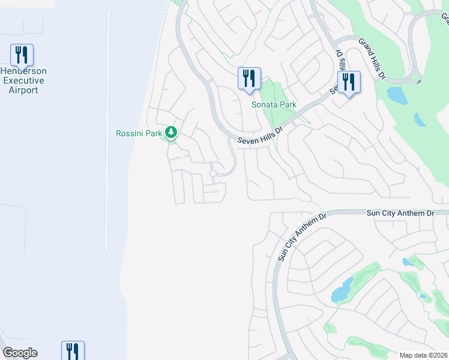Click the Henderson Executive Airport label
click(23, 80)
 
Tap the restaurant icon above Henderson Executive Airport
click(22, 55)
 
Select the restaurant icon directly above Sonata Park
click(249, 78)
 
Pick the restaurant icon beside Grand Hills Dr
click(349, 82)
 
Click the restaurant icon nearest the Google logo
click(73, 350)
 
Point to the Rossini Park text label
click(139, 133)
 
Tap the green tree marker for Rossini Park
click(171, 132)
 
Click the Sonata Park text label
click(274, 104)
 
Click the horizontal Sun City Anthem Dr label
click(400, 213)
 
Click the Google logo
click(20, 353)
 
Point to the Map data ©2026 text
click(423, 355)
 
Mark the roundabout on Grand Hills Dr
click(415, 78)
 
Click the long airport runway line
click(107, 132)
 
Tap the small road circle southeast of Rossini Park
click(212, 173)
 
